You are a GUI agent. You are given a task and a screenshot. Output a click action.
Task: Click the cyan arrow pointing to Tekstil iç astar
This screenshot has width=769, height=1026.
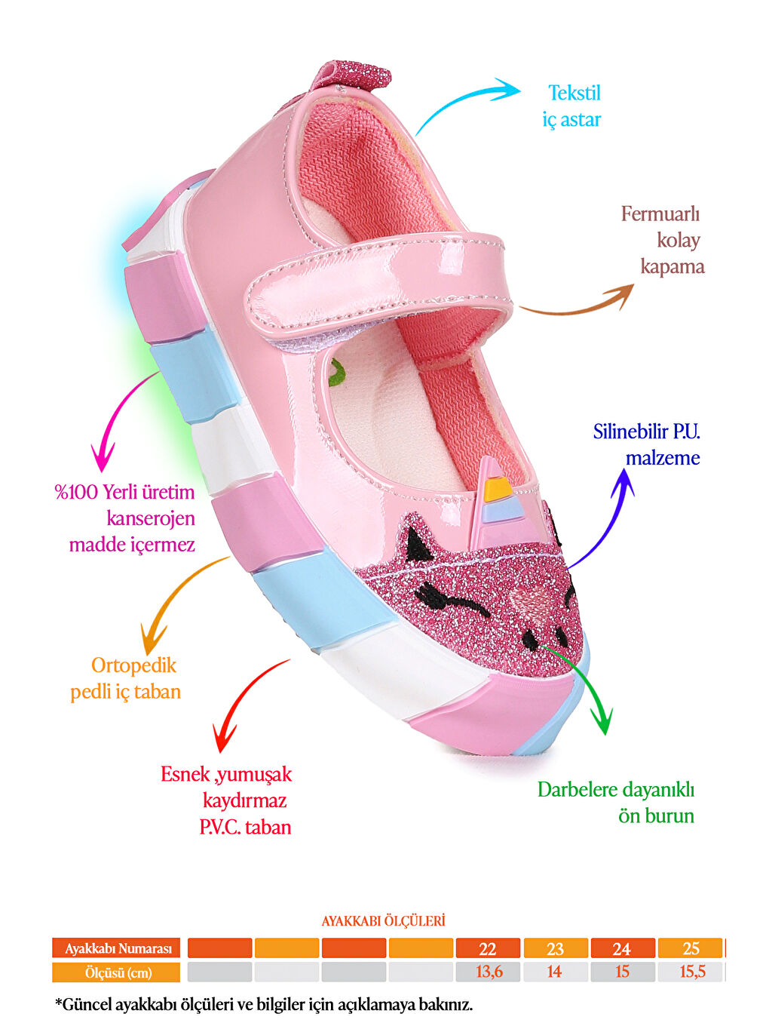pyautogui.click(x=464, y=102)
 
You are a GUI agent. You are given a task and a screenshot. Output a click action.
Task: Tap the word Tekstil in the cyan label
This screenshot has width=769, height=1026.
pyautogui.click(x=574, y=93)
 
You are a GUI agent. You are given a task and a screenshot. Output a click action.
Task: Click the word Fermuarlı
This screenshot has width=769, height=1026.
pyautogui.click(x=660, y=214)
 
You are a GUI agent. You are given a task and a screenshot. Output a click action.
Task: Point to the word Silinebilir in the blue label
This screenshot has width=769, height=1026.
pyautogui.click(x=631, y=432)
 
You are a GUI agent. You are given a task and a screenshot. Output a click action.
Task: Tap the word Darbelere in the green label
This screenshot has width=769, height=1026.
pyautogui.click(x=579, y=790)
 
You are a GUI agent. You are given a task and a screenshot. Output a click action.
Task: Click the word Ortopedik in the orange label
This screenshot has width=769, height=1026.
pyautogui.click(x=133, y=665)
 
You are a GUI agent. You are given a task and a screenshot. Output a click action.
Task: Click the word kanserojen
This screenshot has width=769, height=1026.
pyautogui.click(x=151, y=518)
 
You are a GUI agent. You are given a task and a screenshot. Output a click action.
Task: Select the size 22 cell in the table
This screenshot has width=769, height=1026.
pyautogui.click(x=487, y=948)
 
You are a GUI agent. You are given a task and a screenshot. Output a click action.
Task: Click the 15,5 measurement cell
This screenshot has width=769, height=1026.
pyautogui.click(x=691, y=972)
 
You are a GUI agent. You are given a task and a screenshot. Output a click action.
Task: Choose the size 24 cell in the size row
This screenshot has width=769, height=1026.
pyautogui.click(x=621, y=948)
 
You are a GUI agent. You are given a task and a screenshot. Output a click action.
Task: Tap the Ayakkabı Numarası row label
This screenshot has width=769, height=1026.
pyautogui.click(x=117, y=948)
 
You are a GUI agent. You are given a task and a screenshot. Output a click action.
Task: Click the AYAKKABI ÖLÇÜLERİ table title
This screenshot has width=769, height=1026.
pyautogui.click(x=383, y=921)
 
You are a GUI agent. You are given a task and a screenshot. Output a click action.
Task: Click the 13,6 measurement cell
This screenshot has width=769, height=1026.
pyautogui.click(x=487, y=972)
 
